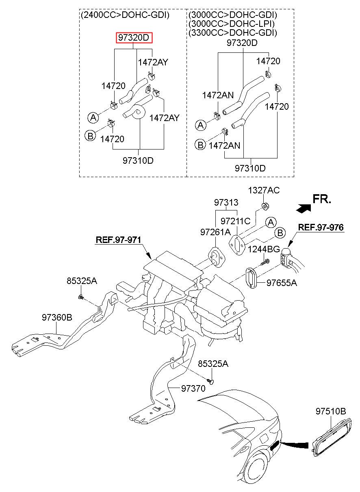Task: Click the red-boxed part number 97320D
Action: click(134, 37)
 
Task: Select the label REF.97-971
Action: click(118, 239)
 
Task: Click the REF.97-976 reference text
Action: click(321, 227)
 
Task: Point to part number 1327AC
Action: click(264, 190)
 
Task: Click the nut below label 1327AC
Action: click(265, 206)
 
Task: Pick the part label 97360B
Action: click(57, 317)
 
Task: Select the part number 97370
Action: click(193, 388)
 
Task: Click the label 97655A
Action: click(282, 283)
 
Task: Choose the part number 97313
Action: click(226, 202)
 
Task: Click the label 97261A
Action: click(215, 232)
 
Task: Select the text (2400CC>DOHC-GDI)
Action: click(125, 15)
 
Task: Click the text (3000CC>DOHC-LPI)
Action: click(232, 24)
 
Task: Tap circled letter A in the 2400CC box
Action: click(93, 117)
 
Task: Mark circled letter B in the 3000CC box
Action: click(200, 145)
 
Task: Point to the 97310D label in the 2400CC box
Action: click(138, 160)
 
